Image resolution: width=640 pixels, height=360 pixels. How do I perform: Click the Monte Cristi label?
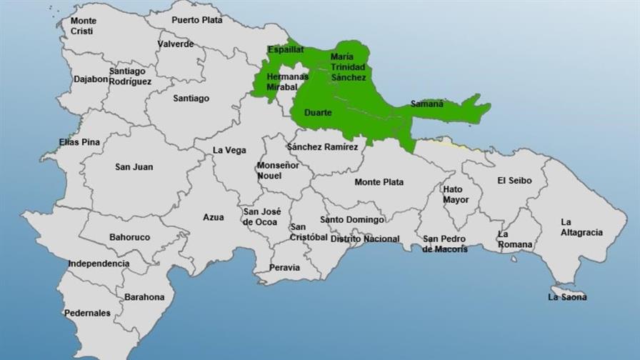click(83, 26)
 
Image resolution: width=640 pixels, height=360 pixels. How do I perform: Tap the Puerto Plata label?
click(197, 21)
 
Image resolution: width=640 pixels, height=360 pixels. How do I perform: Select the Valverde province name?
click(176, 44)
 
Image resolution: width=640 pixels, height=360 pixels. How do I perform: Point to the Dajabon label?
click(91, 79)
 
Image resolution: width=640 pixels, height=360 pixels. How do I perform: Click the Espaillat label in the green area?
click(286, 50)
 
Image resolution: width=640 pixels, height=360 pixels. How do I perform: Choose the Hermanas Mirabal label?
click(287, 81)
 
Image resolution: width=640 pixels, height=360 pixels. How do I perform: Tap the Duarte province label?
click(317, 113)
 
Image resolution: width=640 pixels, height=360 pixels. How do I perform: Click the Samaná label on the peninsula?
click(426, 104)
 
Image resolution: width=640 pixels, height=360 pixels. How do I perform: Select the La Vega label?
click(230, 150)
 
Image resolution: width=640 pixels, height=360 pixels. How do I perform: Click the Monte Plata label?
click(379, 182)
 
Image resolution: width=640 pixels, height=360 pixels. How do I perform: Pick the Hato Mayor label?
click(456, 194)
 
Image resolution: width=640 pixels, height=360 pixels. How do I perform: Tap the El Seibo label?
click(514, 181)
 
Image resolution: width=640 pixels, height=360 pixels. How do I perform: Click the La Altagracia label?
click(581, 227)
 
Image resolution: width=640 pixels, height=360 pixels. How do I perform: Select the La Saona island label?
click(567, 296)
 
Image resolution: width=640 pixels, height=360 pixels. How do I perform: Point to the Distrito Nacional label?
click(364, 239)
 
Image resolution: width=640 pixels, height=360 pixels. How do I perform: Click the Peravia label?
click(285, 268)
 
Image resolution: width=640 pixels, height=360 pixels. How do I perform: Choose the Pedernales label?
click(87, 313)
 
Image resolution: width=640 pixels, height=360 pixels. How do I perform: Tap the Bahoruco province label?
click(129, 236)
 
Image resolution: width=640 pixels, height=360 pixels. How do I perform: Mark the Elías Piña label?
click(79, 142)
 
